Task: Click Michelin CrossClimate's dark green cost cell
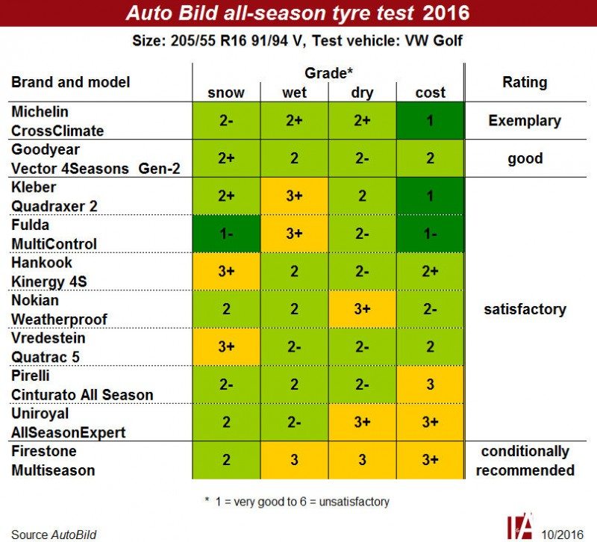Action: click(x=430, y=120)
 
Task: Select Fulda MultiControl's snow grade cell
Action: click(x=225, y=234)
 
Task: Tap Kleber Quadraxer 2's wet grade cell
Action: click(x=294, y=196)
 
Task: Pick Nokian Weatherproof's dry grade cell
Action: click(x=362, y=309)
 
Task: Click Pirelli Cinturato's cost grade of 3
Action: click(x=430, y=385)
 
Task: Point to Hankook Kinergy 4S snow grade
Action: click(x=225, y=272)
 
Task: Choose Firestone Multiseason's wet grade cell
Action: click(x=294, y=461)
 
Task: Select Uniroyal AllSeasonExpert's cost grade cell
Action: click(x=430, y=423)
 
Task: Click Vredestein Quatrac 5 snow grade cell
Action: click(x=225, y=347)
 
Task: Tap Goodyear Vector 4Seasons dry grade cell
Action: click(x=362, y=158)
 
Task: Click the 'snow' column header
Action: click(x=225, y=93)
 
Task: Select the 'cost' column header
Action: click(x=430, y=93)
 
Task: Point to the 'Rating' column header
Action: click(x=525, y=82)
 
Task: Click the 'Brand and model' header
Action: click(x=71, y=82)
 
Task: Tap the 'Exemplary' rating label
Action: click(x=525, y=120)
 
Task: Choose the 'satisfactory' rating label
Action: click(x=525, y=309)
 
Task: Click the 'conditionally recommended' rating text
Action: click(x=525, y=461)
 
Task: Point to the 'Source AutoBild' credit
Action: click(x=54, y=534)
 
